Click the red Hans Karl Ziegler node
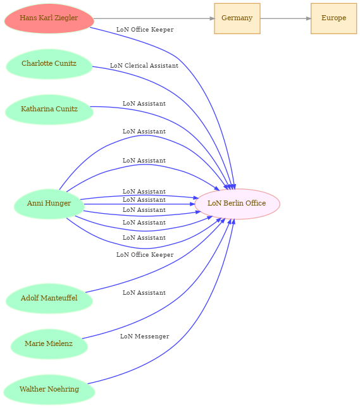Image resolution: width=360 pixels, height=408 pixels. (x=49, y=18)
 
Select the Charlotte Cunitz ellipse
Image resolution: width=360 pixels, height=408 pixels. (x=49, y=64)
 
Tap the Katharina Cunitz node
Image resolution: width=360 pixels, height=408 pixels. (x=49, y=109)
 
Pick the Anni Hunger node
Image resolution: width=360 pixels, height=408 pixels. (x=49, y=204)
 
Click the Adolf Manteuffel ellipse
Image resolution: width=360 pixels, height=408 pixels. (x=49, y=299)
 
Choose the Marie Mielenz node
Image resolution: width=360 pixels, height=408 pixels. (x=49, y=344)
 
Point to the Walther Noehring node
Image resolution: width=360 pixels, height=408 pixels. (x=49, y=390)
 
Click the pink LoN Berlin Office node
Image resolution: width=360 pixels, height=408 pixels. (x=237, y=204)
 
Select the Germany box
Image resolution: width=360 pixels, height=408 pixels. (x=237, y=18)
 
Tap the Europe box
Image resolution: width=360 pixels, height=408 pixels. (x=333, y=18)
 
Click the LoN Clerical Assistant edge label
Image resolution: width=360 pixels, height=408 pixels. (x=144, y=66)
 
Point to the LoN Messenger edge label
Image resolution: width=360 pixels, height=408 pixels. (x=144, y=337)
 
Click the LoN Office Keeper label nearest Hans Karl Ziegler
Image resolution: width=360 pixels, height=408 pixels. (x=145, y=30)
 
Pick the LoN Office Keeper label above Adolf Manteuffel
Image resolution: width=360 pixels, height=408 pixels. (x=145, y=255)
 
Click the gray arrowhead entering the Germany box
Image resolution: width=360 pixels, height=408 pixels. (x=212, y=18)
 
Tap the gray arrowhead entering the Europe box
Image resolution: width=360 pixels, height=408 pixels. (x=309, y=18)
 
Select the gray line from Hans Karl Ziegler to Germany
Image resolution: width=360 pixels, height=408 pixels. (x=154, y=18)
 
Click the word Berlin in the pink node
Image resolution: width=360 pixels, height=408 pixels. (x=232, y=203)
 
